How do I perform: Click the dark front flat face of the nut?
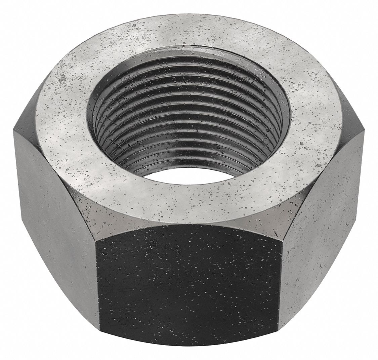tap(188, 289)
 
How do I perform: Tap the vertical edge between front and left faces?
tap(98, 289)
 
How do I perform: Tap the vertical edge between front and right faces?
tap(280, 289)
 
